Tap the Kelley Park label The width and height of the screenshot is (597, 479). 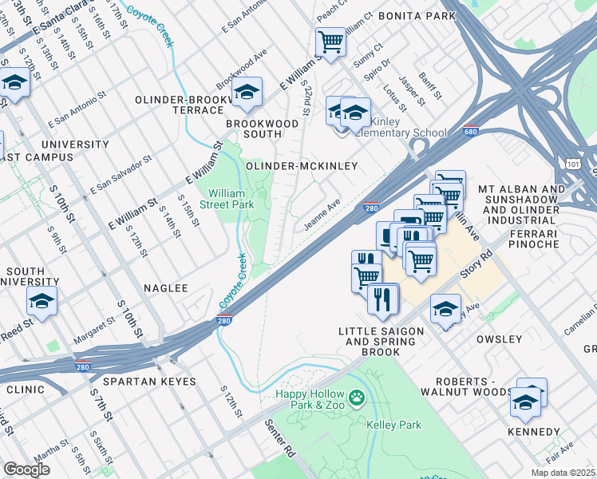click(393, 426)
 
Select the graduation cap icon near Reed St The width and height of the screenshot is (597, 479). click(42, 301)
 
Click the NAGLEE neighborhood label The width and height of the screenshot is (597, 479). click(165, 288)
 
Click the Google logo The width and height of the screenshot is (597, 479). click(26, 469)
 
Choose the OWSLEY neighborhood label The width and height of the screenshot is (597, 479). click(499, 339)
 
